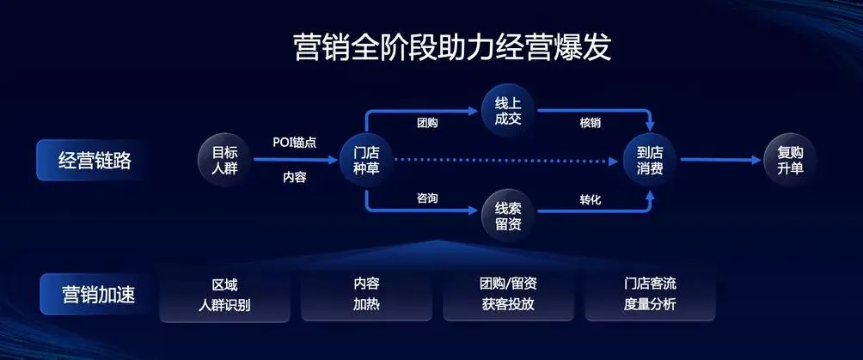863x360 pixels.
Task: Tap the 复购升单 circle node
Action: click(790, 160)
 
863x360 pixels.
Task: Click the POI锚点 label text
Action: click(294, 143)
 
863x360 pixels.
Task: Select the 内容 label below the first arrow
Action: click(295, 178)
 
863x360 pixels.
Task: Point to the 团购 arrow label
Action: click(427, 123)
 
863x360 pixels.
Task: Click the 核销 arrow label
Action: click(590, 123)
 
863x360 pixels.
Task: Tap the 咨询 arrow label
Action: click(427, 199)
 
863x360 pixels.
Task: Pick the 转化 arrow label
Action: click(590, 199)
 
